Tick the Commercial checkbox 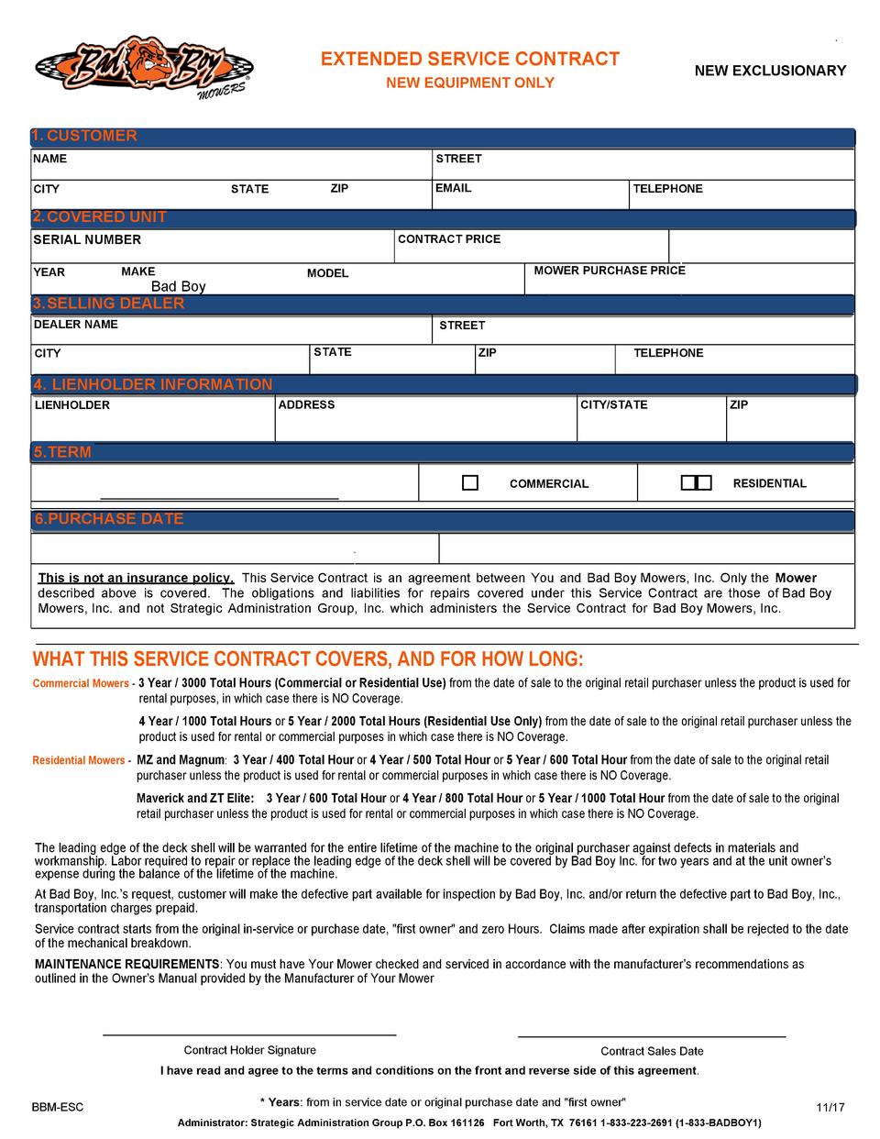(x=470, y=483)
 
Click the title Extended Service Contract (x=470, y=60)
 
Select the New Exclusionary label (x=770, y=71)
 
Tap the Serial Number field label (x=87, y=240)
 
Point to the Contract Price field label (x=449, y=239)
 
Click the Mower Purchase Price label (x=610, y=271)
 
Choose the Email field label (x=454, y=188)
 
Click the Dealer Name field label (x=76, y=325)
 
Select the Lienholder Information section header (x=153, y=384)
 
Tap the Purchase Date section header (x=109, y=519)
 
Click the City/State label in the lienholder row (x=613, y=405)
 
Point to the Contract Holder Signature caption (x=250, y=1051)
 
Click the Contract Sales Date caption (x=652, y=1052)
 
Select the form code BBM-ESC (x=58, y=1108)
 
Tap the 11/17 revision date (x=830, y=1108)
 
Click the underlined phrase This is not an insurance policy (x=136, y=579)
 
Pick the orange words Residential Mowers (x=80, y=761)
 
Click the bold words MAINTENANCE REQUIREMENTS (x=127, y=965)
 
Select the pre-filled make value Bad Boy (x=179, y=287)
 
